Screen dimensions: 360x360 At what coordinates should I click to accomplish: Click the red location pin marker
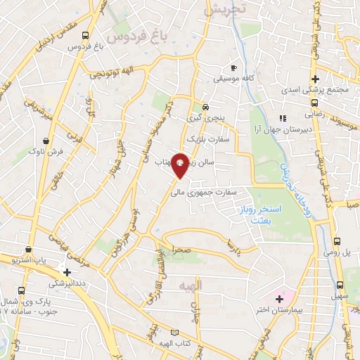point(181,166)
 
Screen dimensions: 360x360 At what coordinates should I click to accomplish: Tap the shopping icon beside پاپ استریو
point(27,248)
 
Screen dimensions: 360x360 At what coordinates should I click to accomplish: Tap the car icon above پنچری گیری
point(205,107)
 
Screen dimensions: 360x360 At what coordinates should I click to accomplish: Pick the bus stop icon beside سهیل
point(340,285)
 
